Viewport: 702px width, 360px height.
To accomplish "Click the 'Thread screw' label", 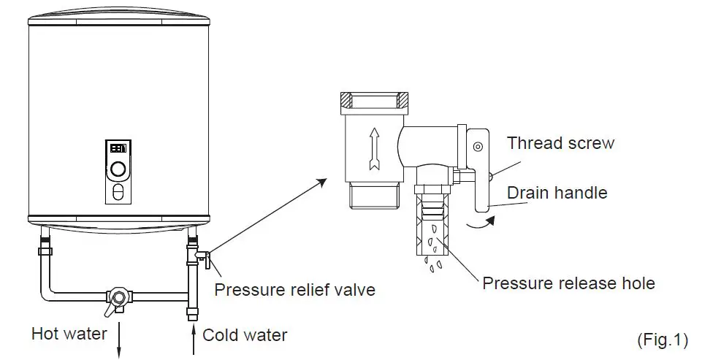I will [x=560, y=142].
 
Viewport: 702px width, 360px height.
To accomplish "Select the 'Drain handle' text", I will [x=557, y=193].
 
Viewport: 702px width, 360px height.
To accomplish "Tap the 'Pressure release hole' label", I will [x=568, y=283].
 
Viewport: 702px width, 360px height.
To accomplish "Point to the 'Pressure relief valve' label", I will [x=294, y=290].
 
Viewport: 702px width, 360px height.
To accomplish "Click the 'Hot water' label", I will [x=69, y=334].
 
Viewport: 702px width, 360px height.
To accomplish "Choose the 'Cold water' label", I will [x=245, y=335].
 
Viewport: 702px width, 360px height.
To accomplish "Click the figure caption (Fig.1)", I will [x=663, y=340].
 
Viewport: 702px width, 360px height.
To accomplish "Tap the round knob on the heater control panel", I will [x=118, y=170].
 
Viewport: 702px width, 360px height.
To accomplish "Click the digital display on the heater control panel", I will [x=118, y=148].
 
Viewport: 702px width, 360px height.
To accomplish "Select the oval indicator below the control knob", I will [x=118, y=193].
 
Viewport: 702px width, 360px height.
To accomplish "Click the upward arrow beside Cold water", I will [x=193, y=340].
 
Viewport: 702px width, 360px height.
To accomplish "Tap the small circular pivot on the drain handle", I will [x=477, y=146].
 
